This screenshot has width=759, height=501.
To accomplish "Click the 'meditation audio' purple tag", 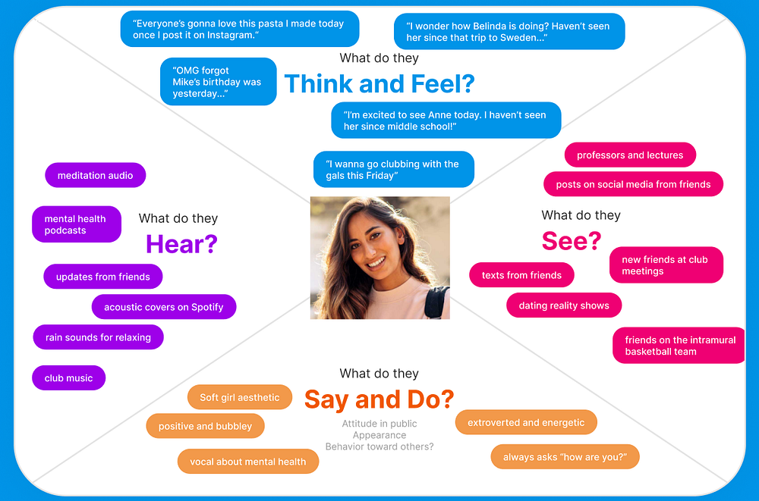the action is (96, 175).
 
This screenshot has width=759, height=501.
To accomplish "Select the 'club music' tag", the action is (69, 377).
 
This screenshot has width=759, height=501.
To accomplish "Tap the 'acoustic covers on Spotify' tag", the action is (164, 307).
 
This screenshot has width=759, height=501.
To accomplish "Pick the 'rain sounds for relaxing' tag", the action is (98, 337).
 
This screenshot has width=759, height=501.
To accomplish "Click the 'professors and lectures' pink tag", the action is (630, 155).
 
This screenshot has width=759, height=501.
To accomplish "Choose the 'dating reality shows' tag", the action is (564, 305).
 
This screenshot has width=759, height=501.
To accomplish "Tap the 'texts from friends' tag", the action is (522, 274).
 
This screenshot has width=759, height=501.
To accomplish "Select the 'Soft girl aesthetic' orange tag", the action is (240, 397).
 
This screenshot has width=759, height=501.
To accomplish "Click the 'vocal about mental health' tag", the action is (248, 462).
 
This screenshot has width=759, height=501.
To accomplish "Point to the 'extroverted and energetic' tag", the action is (526, 422).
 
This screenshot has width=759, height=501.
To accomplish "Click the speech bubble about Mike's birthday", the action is (219, 81).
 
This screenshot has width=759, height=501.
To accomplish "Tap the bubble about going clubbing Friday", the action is (393, 169).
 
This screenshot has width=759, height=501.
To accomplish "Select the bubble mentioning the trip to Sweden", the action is (509, 31).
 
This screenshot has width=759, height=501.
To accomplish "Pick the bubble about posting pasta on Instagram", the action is (240, 29).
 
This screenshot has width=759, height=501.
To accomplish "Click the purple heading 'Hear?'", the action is (181, 244).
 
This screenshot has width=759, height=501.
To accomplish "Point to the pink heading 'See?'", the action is (572, 240).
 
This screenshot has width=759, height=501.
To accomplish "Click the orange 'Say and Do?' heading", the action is (379, 399).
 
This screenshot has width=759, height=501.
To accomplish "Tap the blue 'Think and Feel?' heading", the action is (379, 83).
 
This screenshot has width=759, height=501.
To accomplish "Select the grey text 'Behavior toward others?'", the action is (379, 446).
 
